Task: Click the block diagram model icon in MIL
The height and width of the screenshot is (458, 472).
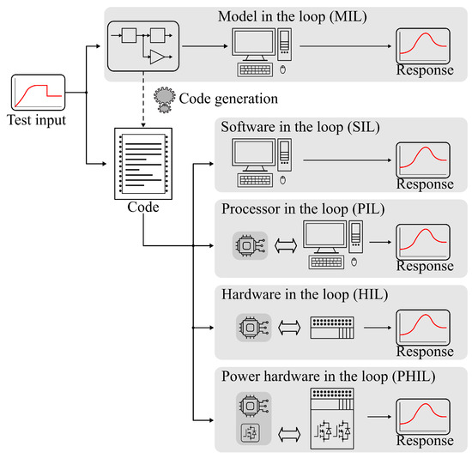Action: point(142,47)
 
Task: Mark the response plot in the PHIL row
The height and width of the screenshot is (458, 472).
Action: point(424,415)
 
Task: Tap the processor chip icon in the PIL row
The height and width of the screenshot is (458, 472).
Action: point(248,245)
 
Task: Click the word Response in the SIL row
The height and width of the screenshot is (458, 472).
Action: point(424,184)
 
